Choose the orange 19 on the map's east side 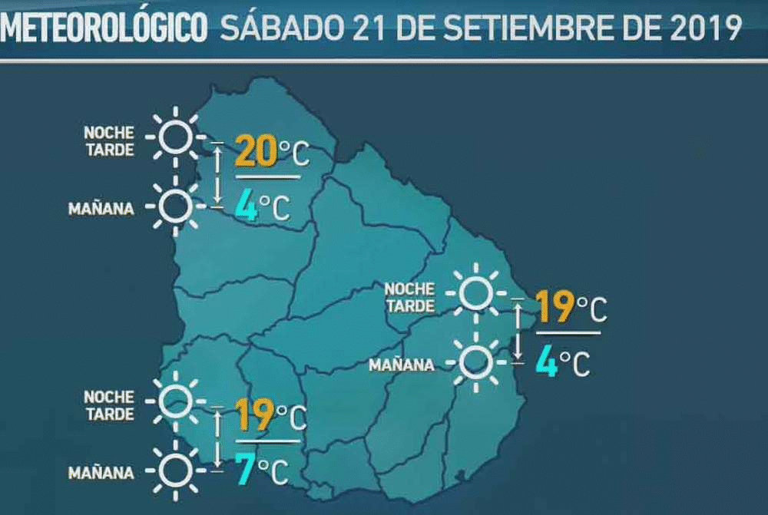555,307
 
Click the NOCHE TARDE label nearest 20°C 108,141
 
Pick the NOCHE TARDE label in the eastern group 409,297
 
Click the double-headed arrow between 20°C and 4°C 218,175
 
